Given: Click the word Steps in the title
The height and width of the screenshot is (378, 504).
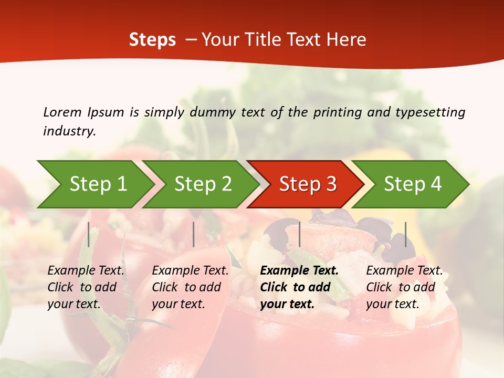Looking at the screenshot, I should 152,40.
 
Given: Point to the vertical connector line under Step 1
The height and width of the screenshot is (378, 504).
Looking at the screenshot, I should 89,234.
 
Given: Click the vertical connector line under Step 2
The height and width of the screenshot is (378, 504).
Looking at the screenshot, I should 194,234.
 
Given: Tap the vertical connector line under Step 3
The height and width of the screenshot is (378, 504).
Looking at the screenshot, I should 299,234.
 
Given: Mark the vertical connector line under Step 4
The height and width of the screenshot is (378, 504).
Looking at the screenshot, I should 406,234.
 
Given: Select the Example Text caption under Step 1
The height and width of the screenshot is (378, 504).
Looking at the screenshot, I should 86,287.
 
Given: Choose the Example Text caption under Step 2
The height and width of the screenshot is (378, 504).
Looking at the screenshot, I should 190,287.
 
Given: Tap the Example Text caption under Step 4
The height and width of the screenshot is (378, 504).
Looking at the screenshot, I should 404,287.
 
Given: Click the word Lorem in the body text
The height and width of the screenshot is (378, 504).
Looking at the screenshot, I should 62,112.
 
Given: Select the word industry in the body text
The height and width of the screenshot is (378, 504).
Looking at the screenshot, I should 69,131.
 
